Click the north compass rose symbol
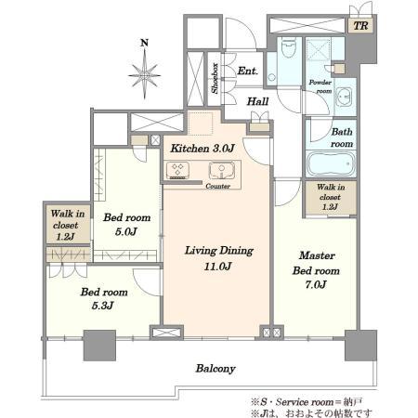(144, 71)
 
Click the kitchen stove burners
(178, 171)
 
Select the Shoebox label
(214, 78)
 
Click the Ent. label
(247, 71)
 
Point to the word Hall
(258, 103)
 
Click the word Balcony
(215, 369)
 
